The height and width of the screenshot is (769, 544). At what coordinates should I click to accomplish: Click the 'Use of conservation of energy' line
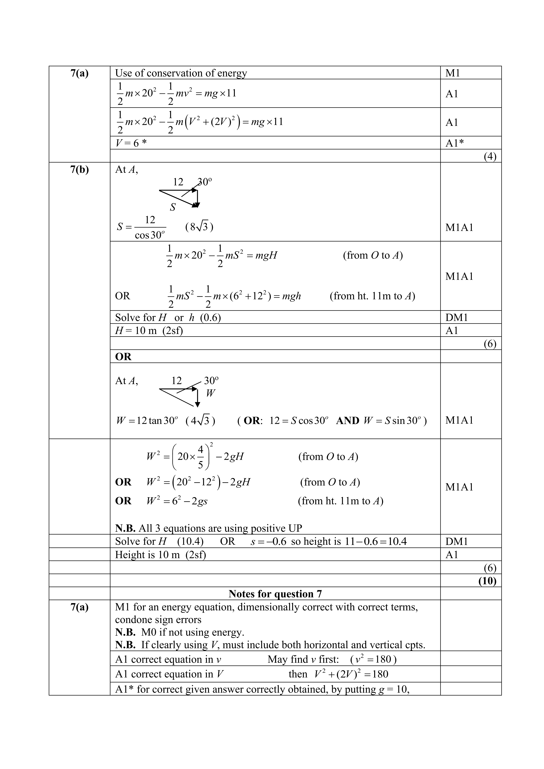181,73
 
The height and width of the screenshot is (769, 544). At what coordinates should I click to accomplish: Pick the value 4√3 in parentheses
200,420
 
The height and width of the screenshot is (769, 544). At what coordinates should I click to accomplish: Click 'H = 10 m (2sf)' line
149,331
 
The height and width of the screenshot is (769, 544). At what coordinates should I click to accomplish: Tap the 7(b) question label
80,169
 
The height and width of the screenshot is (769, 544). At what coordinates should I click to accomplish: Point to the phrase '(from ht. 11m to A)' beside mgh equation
372,296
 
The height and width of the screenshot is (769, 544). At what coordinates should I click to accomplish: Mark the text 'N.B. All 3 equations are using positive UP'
208,528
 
